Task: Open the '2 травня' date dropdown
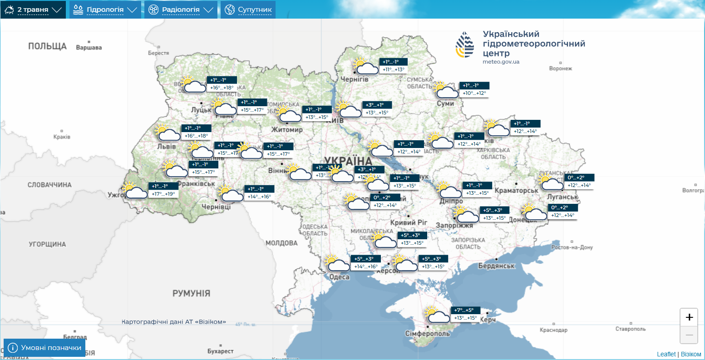pyautogui.click(x=33, y=10)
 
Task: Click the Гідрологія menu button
pyautogui.click(x=105, y=10)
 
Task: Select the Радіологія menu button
pyautogui.click(x=181, y=10)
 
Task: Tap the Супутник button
pyautogui.click(x=248, y=10)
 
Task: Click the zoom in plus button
pyautogui.click(x=689, y=317)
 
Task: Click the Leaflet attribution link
pyautogui.click(x=666, y=354)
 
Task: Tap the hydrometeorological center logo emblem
pyautogui.click(x=465, y=44)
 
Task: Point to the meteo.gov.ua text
pyautogui.click(x=501, y=62)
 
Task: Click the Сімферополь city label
pyautogui.click(x=428, y=334)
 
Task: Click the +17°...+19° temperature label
pyautogui.click(x=163, y=194)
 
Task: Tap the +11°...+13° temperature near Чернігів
pyautogui.click(x=393, y=69)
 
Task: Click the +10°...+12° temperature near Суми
pyautogui.click(x=474, y=93)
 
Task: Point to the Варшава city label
pyautogui.click(x=89, y=48)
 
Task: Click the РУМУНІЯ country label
pyautogui.click(x=191, y=293)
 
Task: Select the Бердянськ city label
pyautogui.click(x=496, y=266)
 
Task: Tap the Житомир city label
pyautogui.click(x=287, y=130)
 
